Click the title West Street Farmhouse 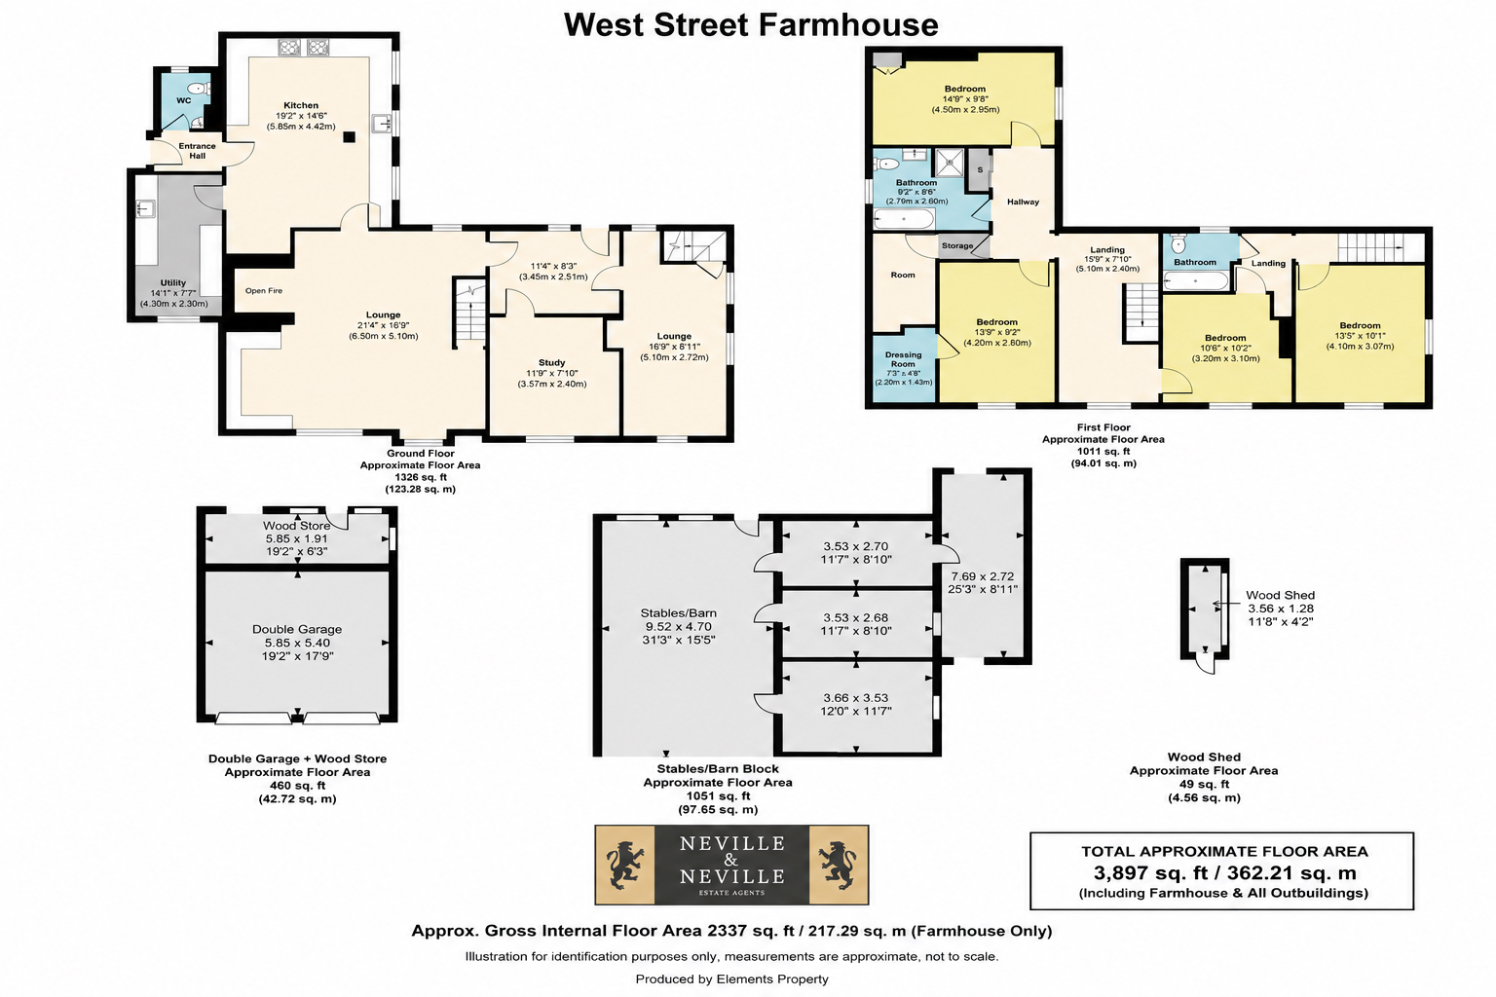pos(751,25)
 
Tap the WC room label pos(184,101)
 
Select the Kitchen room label pos(301,105)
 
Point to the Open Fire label pos(264,290)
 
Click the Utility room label pos(173,283)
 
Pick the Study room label pos(551,362)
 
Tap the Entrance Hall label pos(197,151)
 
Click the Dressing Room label pos(903,359)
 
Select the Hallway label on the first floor pos(1024,202)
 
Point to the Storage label pos(957,245)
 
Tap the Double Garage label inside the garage pos(297,629)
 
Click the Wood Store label pos(296,526)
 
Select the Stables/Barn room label pos(679,613)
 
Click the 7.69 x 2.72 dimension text pos(983,576)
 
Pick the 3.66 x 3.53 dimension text pos(856,698)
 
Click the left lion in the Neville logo pos(625,865)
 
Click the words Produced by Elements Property pos(732,979)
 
